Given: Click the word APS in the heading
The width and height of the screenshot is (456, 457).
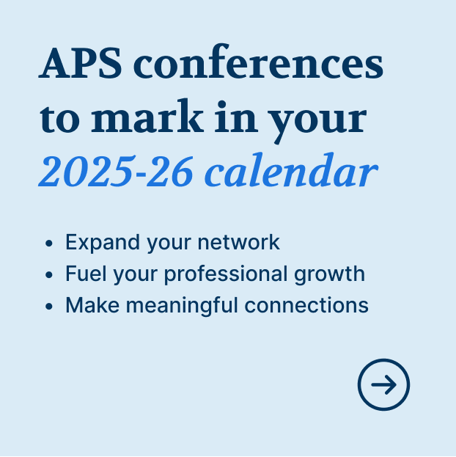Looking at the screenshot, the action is [80, 63].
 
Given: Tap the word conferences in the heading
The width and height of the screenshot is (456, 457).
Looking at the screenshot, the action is [258, 62].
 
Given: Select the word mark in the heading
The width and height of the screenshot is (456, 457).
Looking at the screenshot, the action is [147, 117].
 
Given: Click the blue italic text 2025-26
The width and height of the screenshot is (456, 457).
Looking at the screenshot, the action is [116, 171].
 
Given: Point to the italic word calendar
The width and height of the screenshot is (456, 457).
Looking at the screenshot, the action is [291, 170].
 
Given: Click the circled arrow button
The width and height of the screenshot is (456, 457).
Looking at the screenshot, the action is [383, 384].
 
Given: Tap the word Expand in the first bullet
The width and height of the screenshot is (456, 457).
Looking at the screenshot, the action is [103, 243].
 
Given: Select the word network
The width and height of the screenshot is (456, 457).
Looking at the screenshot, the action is [239, 242].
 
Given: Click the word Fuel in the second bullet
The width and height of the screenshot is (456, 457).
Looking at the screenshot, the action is [86, 274].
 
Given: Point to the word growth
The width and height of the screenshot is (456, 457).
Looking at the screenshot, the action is [329, 274].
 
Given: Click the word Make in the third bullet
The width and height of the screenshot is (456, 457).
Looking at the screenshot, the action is [92, 305].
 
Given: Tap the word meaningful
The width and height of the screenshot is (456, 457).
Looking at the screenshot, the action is [182, 306].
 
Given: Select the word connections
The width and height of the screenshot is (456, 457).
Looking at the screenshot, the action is [306, 305].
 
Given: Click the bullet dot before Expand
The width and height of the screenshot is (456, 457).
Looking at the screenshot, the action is [49, 243].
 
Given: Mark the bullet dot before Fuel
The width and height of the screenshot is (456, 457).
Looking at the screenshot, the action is [49, 274].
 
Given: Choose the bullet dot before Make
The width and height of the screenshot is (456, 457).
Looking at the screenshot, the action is [49, 306].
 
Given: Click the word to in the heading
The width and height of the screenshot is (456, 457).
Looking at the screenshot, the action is [59, 119].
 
